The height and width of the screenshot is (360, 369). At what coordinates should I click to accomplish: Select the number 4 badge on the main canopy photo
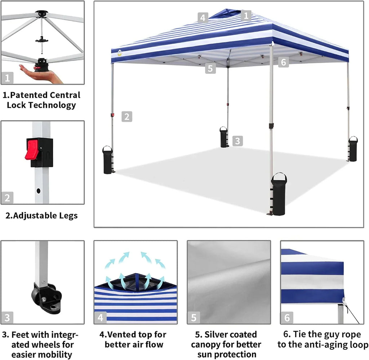(203, 17)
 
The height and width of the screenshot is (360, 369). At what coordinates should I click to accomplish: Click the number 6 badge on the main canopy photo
(284, 62)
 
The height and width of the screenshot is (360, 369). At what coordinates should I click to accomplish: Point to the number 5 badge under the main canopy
(211, 68)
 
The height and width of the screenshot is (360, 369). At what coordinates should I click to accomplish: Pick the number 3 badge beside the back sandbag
(237, 141)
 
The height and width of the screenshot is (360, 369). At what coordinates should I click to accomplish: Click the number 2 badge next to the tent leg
(127, 116)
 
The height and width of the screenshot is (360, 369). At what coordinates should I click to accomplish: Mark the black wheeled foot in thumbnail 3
(45, 293)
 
